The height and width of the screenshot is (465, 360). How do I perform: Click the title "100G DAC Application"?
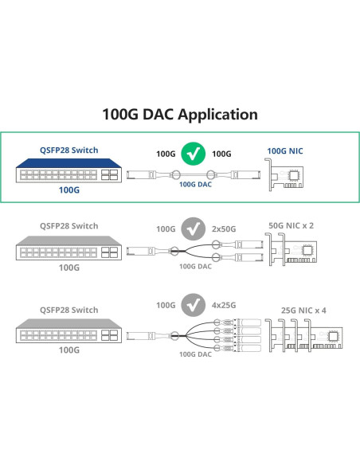coord(180,115)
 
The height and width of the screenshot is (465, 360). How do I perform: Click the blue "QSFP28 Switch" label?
coord(69,149)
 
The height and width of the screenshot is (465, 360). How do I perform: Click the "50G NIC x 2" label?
coord(291,226)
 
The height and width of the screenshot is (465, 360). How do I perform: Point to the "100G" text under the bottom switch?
coord(70,349)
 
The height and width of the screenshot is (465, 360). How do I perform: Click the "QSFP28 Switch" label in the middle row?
coord(69,226)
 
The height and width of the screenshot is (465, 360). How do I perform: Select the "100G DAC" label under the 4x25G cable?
coord(196,353)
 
